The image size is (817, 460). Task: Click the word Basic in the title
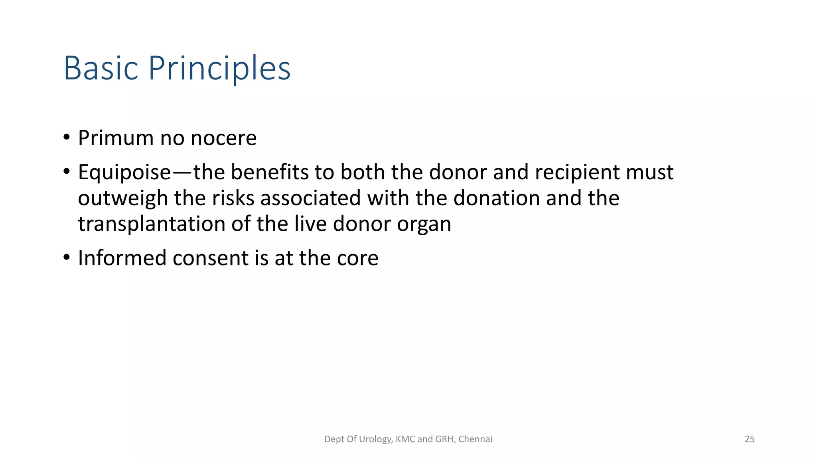point(101,68)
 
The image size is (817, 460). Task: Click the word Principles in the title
point(219,68)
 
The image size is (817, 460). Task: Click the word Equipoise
point(124,172)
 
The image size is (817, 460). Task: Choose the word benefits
point(269,172)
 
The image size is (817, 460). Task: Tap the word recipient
point(577,172)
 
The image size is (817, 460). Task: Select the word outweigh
point(123,198)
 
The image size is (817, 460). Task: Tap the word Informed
point(122,258)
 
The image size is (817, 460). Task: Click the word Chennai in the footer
point(475,439)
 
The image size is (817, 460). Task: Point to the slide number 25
point(750,439)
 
